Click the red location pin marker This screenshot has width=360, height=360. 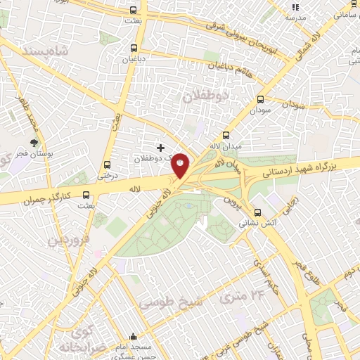[181, 165]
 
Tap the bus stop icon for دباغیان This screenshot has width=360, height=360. [134, 48]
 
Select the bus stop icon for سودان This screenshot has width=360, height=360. [261, 100]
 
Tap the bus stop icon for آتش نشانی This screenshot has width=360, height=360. [257, 212]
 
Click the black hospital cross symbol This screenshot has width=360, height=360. [161, 148]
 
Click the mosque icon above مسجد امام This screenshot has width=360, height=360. [134, 337]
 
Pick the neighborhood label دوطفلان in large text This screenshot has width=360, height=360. [206, 96]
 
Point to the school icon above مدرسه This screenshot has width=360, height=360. [295, 7]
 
